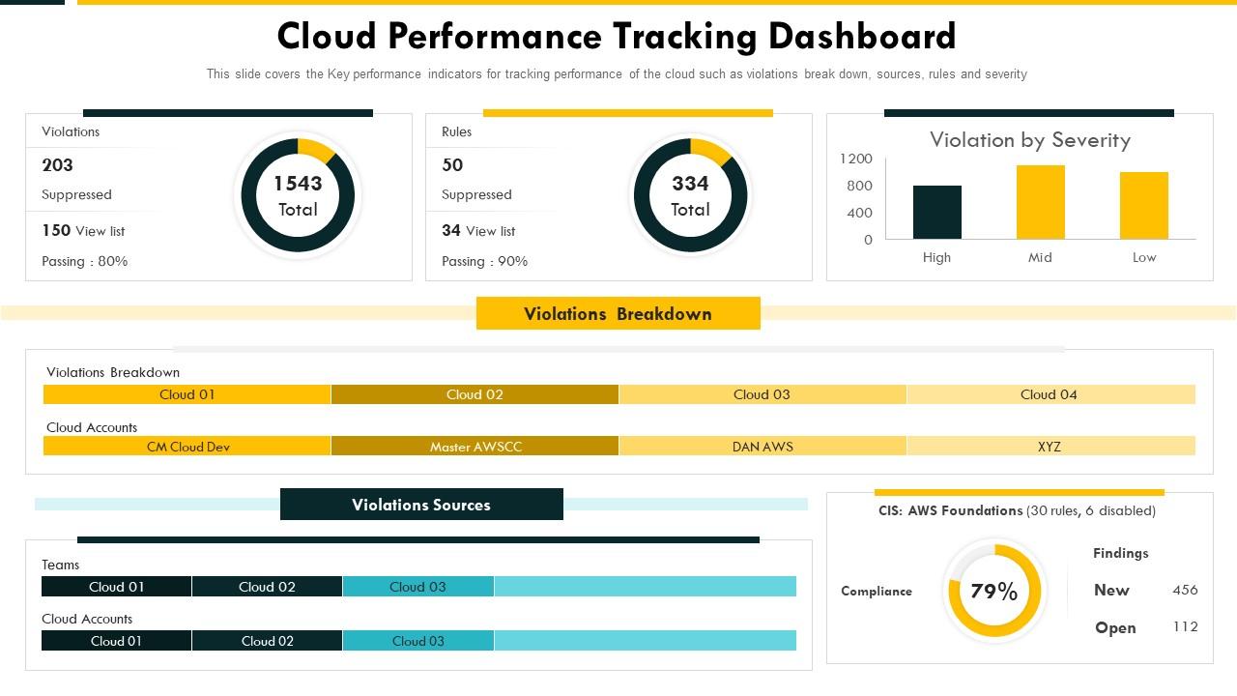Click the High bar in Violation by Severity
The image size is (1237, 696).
click(936, 213)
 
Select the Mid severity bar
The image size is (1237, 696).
click(1040, 202)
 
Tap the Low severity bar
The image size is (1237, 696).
click(1143, 206)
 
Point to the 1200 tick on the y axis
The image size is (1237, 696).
click(855, 159)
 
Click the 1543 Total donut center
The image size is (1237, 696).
click(298, 195)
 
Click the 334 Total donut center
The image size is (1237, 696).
click(690, 195)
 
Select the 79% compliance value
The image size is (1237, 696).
click(994, 592)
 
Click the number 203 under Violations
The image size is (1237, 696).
click(58, 165)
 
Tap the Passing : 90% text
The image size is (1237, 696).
click(484, 261)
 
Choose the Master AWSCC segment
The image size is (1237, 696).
click(475, 447)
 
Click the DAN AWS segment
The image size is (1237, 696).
click(762, 447)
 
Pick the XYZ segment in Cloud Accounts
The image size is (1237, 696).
click(1050, 447)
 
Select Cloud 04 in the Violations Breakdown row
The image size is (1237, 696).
click(1050, 394)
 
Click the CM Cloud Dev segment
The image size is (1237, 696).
click(187, 447)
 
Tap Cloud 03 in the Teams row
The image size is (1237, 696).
click(417, 587)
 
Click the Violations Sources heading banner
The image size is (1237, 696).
click(421, 505)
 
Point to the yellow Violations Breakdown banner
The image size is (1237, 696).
click(618, 314)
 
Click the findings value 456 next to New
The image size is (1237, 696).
click(1185, 590)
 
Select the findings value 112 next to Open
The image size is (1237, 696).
click(1185, 627)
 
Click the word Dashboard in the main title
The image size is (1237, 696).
click(862, 37)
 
